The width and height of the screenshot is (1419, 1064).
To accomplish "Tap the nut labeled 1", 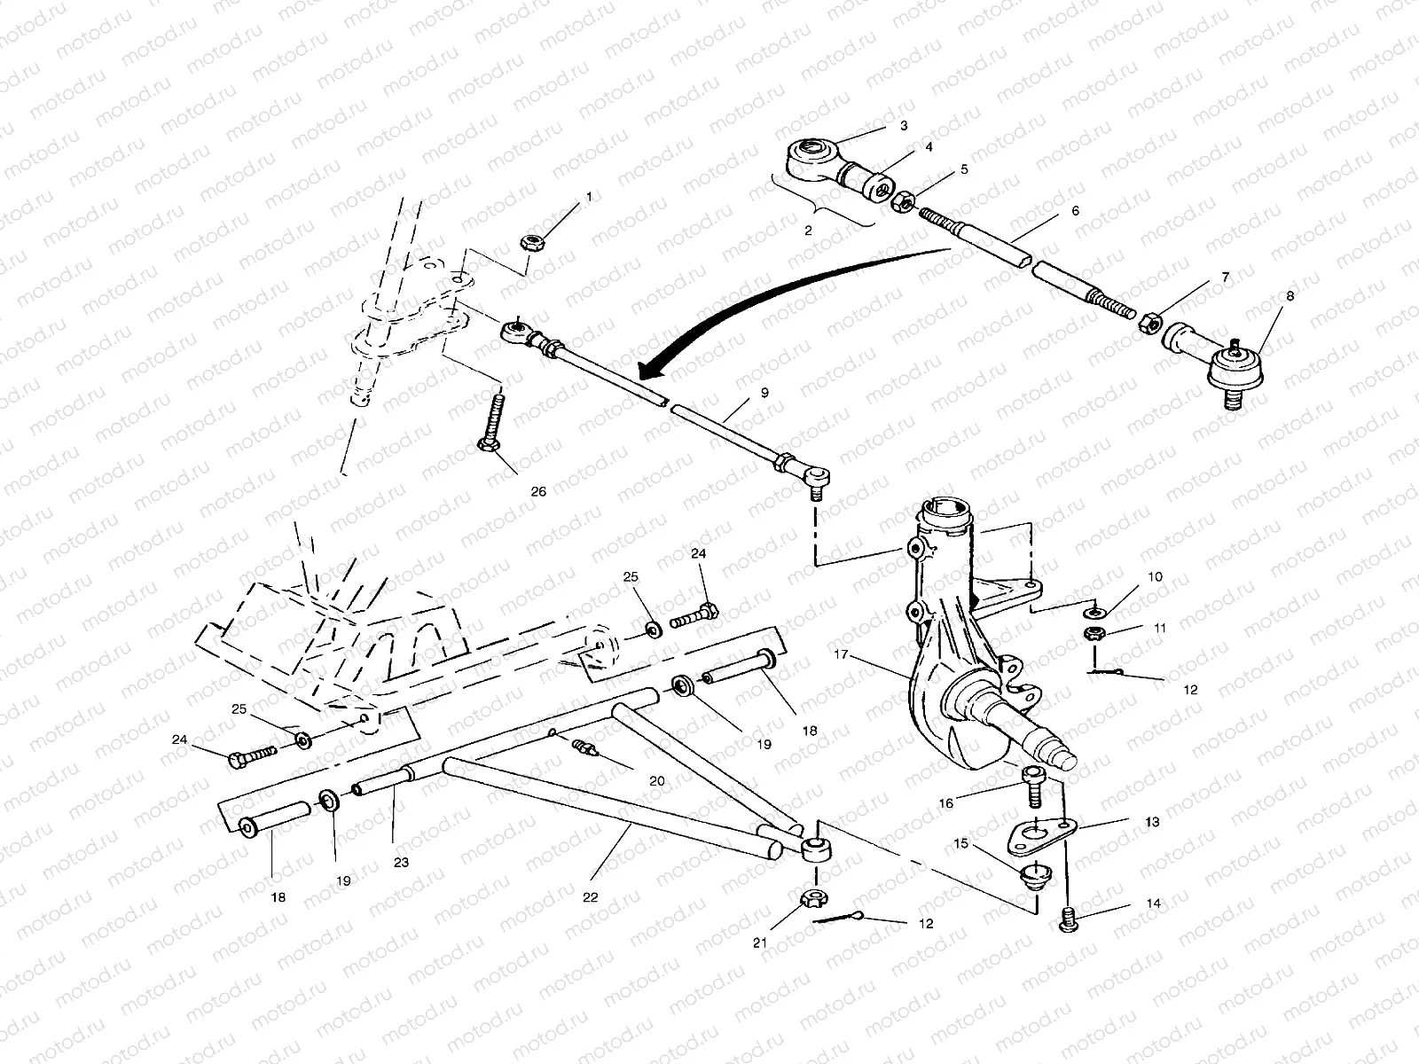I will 533,242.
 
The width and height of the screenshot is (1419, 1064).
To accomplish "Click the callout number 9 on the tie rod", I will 764,391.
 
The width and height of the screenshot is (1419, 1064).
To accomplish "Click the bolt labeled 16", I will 1034,784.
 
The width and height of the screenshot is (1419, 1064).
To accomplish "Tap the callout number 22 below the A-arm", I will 591,896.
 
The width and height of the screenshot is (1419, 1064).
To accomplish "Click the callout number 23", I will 401,861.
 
